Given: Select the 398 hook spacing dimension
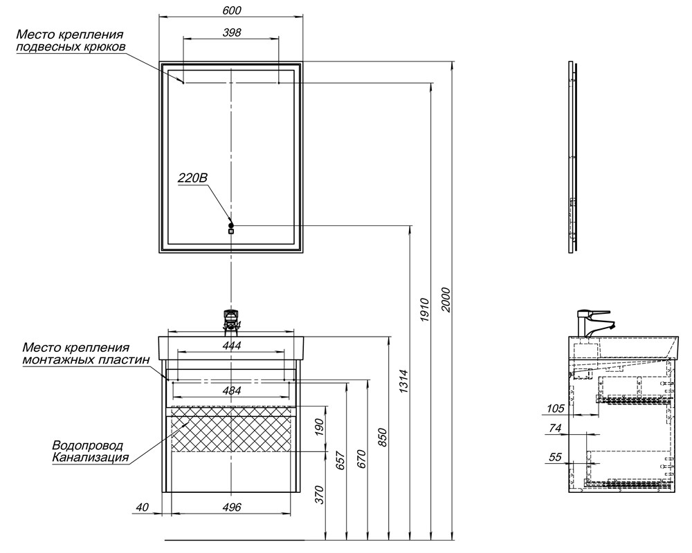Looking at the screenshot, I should point(232,32).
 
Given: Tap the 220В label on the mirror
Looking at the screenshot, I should point(192,178).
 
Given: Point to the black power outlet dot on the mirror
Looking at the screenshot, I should point(231,225).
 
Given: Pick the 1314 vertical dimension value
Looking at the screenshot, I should point(405,382).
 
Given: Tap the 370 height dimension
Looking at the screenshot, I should point(320,495).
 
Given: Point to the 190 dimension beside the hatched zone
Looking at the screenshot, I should point(320,429).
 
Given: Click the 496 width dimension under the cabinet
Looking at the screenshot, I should point(232,507).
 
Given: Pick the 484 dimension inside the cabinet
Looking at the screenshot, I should point(232,391).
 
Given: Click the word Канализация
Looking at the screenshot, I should point(90,458).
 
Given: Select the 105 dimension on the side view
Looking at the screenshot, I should point(556,409).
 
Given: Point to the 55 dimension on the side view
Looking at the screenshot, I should point(556,457).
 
